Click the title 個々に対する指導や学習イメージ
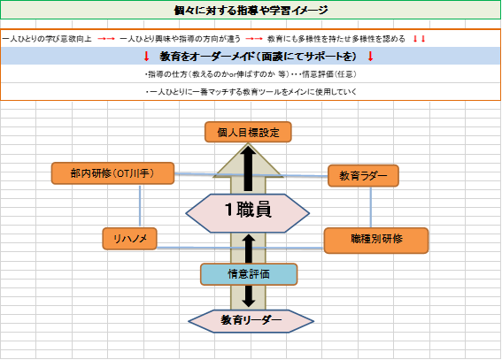click(x=251, y=11)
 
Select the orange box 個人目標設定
click(x=248, y=132)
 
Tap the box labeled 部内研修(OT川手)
click(x=112, y=173)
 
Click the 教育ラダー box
click(x=363, y=176)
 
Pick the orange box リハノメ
click(x=129, y=239)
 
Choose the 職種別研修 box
click(x=376, y=241)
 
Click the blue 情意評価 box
click(x=249, y=274)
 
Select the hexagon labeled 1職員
click(x=248, y=213)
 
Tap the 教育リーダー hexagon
click(x=251, y=321)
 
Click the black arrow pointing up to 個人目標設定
click(x=248, y=169)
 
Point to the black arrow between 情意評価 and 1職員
click(x=249, y=249)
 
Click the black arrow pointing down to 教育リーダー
click(x=249, y=296)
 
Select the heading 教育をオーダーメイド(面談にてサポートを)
click(x=258, y=57)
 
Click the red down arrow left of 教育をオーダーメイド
click(x=147, y=57)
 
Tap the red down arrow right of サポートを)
click(x=370, y=57)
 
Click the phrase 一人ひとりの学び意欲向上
click(x=47, y=39)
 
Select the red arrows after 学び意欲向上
click(x=106, y=39)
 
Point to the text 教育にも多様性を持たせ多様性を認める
click(x=336, y=39)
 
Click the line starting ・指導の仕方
click(x=251, y=74)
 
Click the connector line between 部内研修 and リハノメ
click(x=140, y=206)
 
